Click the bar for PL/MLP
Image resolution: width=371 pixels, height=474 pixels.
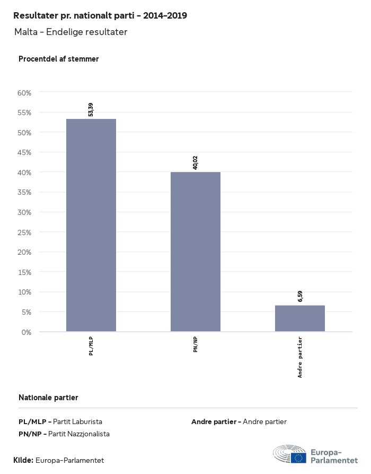pos(91,225)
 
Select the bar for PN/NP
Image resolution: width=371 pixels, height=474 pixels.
pos(195,252)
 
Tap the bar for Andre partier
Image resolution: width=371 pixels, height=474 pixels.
pos(299,318)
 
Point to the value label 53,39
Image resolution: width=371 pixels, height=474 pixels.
pos(91,110)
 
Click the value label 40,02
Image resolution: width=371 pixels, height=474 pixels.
pos(195,163)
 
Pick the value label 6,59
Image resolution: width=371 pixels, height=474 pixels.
pos(299,296)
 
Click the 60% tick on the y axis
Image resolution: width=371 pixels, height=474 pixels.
pos(25,92)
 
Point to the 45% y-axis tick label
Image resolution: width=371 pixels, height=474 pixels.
pos(25,152)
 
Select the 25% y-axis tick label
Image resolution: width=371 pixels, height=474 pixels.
pos(25,232)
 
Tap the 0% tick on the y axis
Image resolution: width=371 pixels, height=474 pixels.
pos(26,332)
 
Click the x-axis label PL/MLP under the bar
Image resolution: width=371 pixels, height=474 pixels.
pos(91,346)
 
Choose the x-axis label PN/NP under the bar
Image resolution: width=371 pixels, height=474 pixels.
pos(196,344)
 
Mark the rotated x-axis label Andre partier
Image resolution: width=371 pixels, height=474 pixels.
pos(300,357)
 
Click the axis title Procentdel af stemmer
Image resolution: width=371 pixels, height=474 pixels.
pos(59,59)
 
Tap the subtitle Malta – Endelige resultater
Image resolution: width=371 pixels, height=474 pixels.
pos(71,32)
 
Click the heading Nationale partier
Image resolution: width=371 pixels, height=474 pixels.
pos(48,397)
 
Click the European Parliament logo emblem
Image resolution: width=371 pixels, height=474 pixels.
pos(290,455)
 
